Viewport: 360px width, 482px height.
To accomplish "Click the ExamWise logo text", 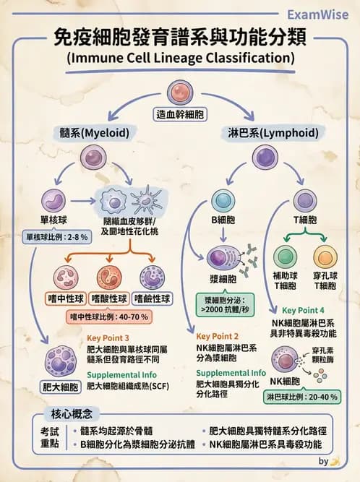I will point(318,14).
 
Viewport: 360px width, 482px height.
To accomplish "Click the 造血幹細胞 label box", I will point(180,114).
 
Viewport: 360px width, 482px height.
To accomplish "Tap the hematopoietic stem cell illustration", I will point(180,92).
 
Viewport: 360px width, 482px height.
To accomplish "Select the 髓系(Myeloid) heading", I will point(94,134).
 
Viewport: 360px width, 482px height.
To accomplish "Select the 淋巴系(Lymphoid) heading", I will point(265,134).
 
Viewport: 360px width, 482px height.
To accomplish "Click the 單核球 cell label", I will point(54,219).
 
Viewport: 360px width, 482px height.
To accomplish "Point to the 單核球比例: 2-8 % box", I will point(56,236).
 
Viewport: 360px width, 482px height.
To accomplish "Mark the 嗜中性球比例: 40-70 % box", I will point(108,317).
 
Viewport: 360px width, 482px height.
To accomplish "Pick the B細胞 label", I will point(221,220).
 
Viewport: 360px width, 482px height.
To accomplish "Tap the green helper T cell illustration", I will point(284,257).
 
